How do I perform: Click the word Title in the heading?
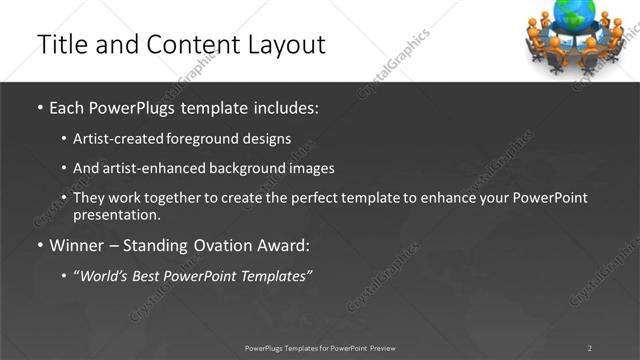(x=60, y=45)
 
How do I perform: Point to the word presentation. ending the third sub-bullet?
(x=116, y=214)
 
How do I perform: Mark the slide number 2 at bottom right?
(x=589, y=348)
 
